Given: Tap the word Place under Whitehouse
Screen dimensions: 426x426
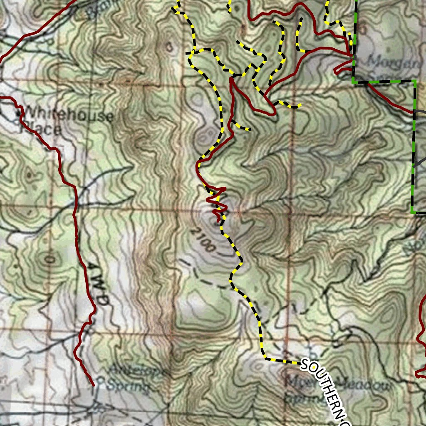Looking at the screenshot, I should click(x=41, y=129).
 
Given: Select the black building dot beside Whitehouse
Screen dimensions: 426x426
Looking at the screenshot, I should click(x=18, y=113).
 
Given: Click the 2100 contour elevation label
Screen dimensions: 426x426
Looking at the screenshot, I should click(x=204, y=241).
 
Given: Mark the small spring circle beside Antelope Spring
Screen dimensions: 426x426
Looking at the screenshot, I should click(x=100, y=379).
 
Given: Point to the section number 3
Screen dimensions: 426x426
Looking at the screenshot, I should click(x=169, y=47).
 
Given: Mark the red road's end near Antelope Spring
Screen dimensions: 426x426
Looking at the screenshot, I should click(x=93, y=385).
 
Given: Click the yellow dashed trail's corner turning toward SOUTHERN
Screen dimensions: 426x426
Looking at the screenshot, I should click(x=265, y=358).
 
